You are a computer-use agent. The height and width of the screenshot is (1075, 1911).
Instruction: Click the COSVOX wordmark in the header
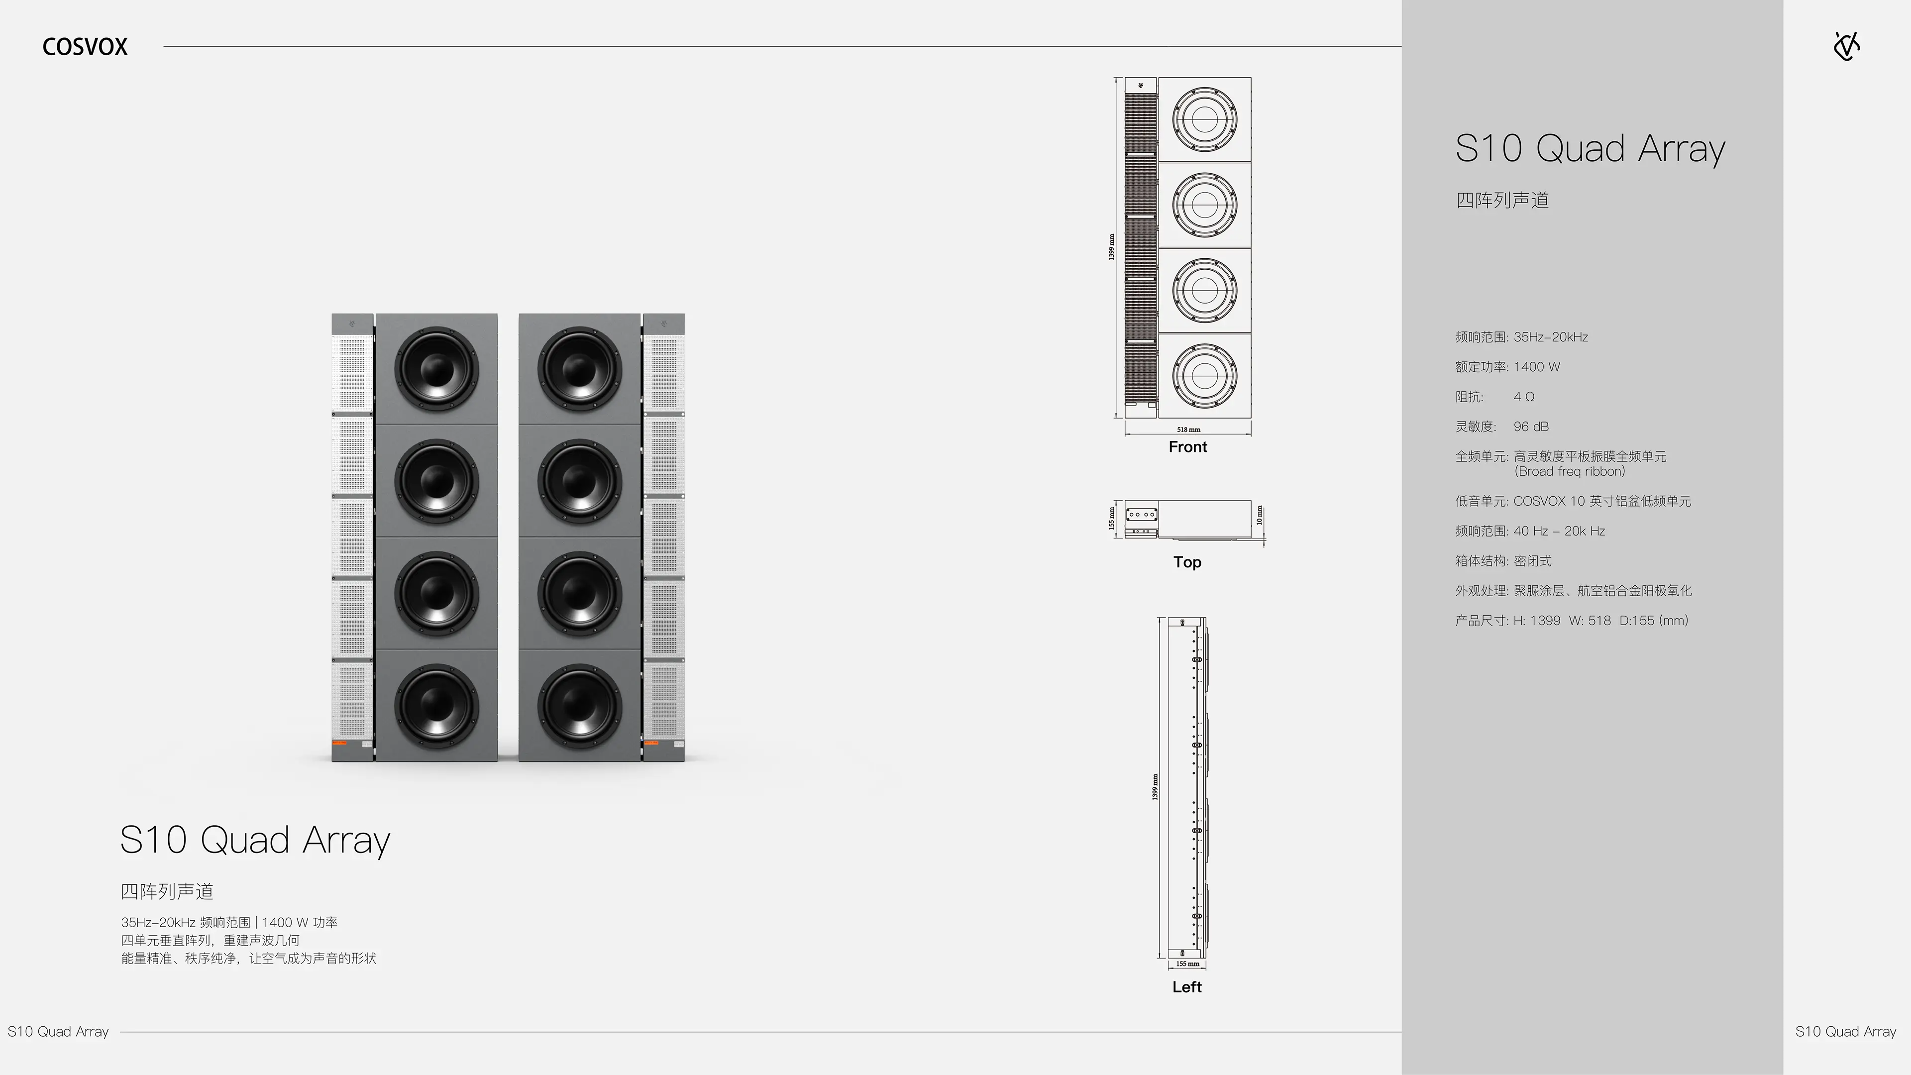pyautogui.click(x=85, y=47)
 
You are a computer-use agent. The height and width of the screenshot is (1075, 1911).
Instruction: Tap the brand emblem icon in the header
pyautogui.click(x=1846, y=46)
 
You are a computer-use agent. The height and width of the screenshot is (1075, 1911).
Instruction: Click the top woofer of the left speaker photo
pyautogui.click(x=436, y=369)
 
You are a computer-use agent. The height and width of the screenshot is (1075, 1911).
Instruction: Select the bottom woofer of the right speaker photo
pyautogui.click(x=579, y=705)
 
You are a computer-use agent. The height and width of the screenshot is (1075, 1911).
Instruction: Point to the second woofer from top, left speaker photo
pyautogui.click(x=436, y=481)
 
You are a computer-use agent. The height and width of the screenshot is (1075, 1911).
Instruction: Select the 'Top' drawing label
pyautogui.click(x=1187, y=561)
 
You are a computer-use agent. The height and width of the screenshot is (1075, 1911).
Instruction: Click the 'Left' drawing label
pyautogui.click(x=1187, y=987)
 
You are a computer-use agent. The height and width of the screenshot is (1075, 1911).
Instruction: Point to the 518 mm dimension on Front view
pyautogui.click(x=1188, y=430)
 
